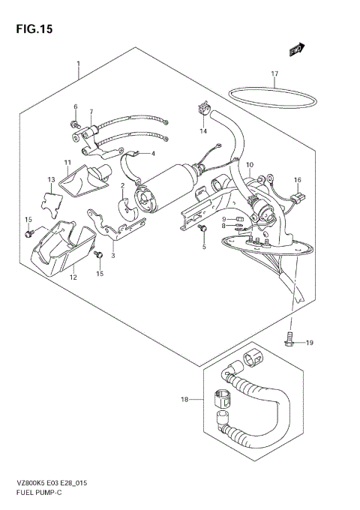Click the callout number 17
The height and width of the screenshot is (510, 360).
click(274, 73)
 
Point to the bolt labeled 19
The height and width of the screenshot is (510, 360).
click(290, 341)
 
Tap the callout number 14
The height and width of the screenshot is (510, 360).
click(202, 131)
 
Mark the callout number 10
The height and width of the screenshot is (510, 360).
click(250, 165)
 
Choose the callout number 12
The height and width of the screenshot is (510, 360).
click(73, 277)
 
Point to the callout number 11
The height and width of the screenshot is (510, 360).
click(67, 162)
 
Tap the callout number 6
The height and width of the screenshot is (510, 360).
click(75, 107)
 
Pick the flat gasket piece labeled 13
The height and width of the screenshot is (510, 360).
click(49, 202)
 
